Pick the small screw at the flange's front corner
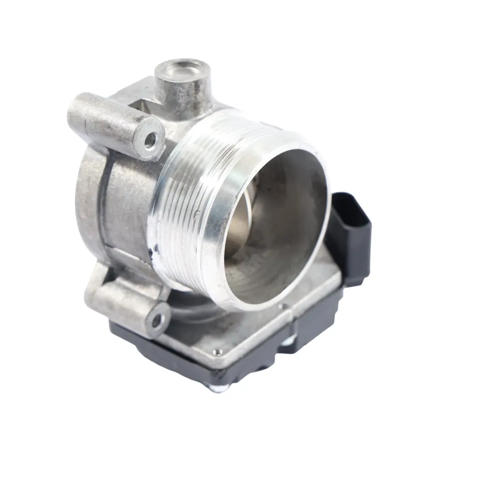pyautogui.click(x=216, y=353)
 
